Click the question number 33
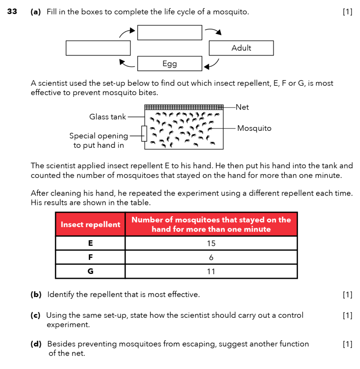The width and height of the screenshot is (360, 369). click(12, 12)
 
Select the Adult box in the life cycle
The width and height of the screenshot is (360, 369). click(241, 48)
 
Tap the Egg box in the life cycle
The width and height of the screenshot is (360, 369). click(169, 64)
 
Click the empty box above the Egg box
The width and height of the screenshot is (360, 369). click(169, 32)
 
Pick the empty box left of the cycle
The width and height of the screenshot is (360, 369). click(98, 48)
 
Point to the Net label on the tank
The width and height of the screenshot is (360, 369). click(242, 107)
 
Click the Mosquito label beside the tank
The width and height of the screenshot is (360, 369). click(254, 128)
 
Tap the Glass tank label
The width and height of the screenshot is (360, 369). click(107, 117)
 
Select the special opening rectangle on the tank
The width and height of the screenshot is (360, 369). click(144, 133)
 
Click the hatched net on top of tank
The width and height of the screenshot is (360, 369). click(184, 107)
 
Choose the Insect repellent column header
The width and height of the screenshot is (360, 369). click(90, 224)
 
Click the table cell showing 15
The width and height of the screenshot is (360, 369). click(211, 243)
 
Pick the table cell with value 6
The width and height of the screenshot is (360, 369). click(211, 257)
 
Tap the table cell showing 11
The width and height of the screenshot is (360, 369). click(211, 271)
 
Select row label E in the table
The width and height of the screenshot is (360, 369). click(90, 243)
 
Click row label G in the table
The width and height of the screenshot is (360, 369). click(90, 271)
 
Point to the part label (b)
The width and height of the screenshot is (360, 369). click(36, 295)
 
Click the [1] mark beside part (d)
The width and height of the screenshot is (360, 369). click(347, 344)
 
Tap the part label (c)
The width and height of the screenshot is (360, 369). click(35, 316)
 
